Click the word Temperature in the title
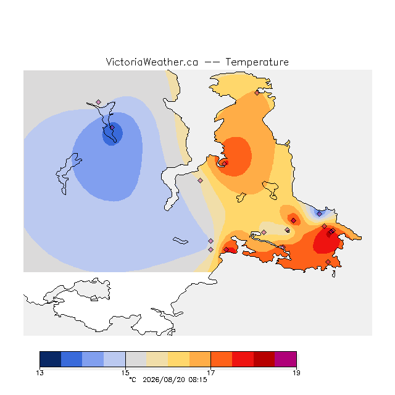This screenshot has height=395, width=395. tap(257, 62)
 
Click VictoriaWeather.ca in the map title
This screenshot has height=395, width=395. tap(152, 62)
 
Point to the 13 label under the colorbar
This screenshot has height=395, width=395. tap(39, 373)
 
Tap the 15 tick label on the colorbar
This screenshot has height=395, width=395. tap(125, 373)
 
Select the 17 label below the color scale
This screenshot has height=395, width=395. tap(211, 373)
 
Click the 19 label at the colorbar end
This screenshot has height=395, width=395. tap(296, 373)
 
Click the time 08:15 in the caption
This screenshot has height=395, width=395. tap(197, 380)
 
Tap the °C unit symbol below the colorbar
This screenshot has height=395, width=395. tap(133, 380)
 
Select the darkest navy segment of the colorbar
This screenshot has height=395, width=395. tap(51, 359)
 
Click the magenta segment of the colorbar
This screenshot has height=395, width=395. tap(286, 359)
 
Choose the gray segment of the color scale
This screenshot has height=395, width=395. tap(136, 359)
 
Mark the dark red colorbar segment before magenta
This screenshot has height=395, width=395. tap(264, 359)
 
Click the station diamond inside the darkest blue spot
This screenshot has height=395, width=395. tap(112, 128)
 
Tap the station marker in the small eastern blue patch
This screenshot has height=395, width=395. tap(319, 214)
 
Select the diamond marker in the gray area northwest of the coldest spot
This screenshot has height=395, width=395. tap(99, 102)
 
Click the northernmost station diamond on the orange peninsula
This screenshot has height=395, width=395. tap(257, 93)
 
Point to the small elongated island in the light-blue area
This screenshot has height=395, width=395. tap(180, 241)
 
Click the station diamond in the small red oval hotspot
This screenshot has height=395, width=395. tap(293, 221)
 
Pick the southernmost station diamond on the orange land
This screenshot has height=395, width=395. tap(328, 262)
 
